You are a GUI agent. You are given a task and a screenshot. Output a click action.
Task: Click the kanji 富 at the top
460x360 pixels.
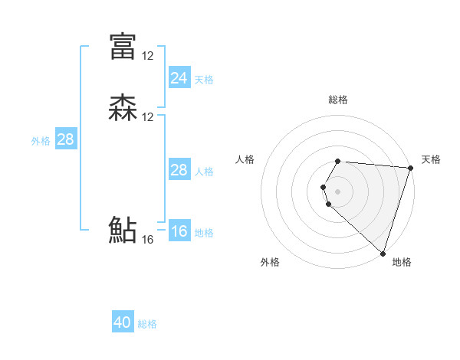coord(123,46)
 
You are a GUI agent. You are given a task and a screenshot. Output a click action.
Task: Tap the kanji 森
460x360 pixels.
coord(123,108)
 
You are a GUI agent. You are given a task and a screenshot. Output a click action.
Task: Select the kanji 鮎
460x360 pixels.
coord(123,231)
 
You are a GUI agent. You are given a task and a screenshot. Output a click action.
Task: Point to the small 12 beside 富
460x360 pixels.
coord(148,55)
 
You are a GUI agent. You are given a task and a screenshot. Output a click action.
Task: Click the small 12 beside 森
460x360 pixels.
coord(148,117)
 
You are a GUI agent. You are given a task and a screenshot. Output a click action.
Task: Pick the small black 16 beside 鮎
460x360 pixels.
coord(148,240)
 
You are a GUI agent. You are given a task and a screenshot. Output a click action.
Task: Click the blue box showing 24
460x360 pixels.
coord(179,78)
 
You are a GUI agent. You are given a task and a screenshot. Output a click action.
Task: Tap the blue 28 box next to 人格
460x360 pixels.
coord(179,170)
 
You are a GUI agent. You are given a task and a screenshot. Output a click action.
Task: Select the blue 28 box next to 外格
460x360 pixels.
coord(65,139)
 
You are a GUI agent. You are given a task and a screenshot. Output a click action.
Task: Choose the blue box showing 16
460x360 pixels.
coord(179,231)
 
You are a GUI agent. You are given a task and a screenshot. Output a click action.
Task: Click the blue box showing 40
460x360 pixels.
coord(123,322)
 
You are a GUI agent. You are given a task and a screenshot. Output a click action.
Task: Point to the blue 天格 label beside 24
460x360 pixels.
coord(204,80)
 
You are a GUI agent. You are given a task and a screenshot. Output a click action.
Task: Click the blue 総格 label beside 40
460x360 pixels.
coord(147,324)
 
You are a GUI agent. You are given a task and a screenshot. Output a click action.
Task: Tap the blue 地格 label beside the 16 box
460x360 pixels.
coord(204,233)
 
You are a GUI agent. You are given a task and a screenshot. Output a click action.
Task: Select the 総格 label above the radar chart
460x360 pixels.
coord(338,100)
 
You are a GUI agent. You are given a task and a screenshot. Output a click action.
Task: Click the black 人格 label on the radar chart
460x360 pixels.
coord(245,159)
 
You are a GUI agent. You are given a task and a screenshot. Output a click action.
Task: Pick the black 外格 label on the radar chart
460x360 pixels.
coord(270,262)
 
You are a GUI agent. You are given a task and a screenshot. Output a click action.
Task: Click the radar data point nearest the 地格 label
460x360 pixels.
coord(383,253)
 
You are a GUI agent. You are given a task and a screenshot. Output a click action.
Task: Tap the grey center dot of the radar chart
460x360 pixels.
coord(337,191)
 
